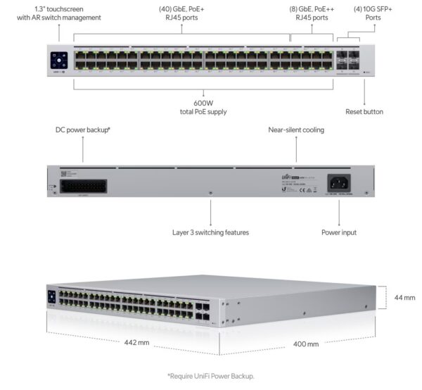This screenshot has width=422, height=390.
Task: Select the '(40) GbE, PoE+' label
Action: [181, 8]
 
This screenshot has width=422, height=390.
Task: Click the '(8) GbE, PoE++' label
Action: [312, 8]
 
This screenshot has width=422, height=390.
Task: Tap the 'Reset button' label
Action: [364, 111]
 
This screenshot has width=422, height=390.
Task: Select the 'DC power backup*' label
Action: [82, 130]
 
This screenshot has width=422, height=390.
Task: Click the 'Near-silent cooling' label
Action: [296, 130]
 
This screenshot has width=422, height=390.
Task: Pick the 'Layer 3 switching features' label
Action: [210, 232]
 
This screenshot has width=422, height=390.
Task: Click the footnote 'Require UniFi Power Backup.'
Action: [211, 376]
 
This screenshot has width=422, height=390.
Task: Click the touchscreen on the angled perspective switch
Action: [51, 296]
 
